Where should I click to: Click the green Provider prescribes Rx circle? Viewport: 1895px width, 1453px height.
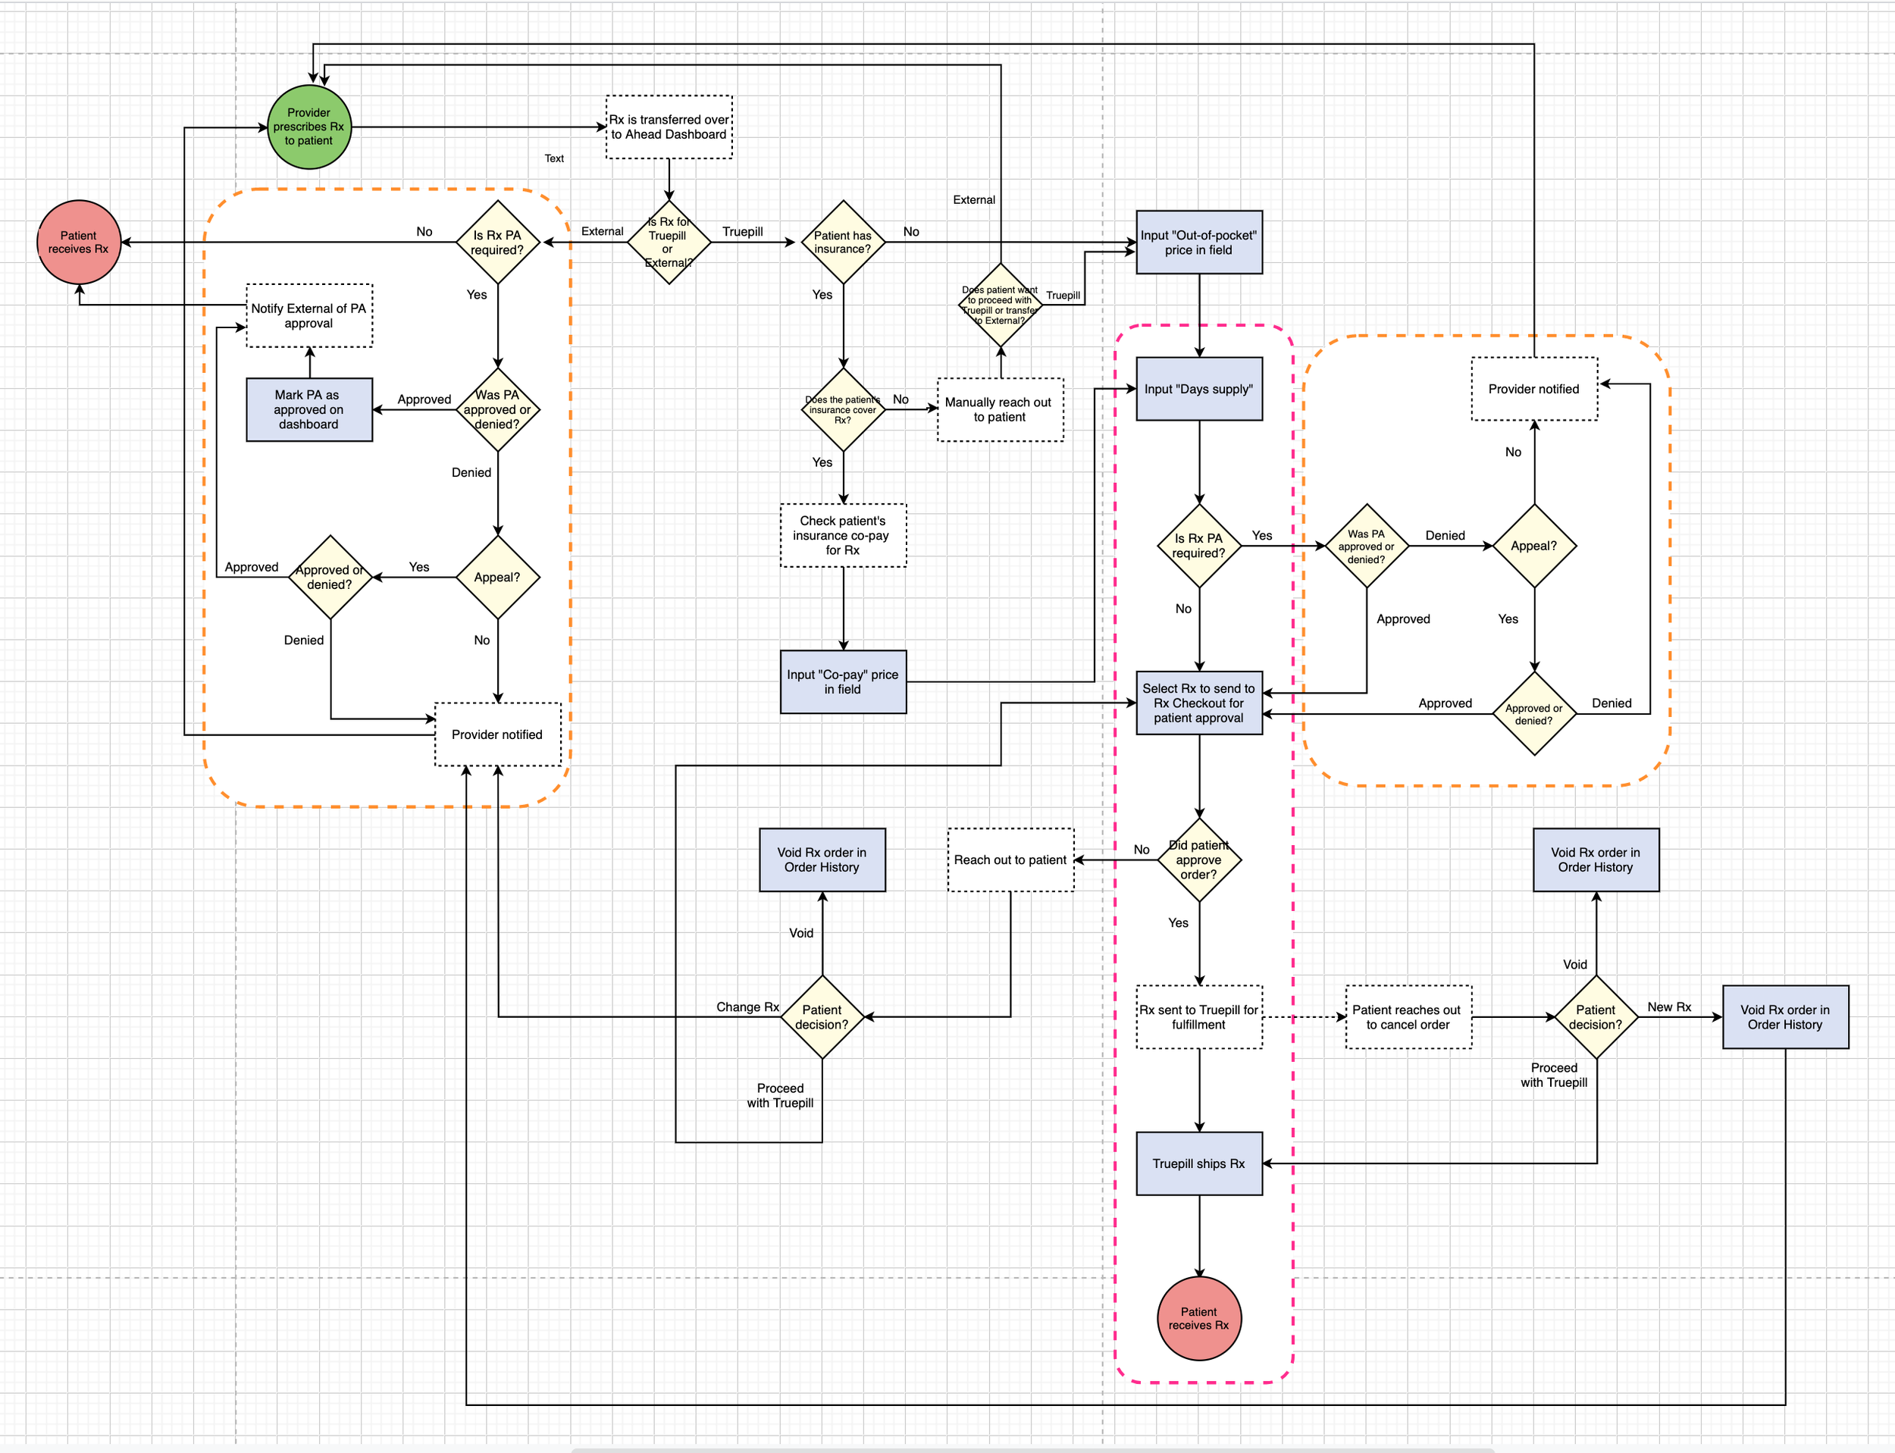309,127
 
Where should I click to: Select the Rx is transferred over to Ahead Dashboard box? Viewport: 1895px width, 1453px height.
669,127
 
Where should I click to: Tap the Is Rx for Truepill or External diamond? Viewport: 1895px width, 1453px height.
669,243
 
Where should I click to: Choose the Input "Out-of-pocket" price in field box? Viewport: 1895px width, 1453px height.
1198,243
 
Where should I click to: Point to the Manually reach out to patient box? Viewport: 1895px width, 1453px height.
1000,410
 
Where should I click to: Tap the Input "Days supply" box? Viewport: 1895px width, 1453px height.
1198,389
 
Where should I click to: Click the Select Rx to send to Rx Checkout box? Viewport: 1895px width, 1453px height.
1198,703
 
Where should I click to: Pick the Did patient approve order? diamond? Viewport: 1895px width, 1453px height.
1198,860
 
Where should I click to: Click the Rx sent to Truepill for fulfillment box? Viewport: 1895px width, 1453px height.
1198,1017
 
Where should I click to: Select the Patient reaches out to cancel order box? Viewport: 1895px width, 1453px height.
1408,1017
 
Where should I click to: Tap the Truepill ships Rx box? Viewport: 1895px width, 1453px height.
1198,1163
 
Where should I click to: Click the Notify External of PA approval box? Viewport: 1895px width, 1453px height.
309,315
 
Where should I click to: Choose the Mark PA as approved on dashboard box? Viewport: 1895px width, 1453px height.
309,410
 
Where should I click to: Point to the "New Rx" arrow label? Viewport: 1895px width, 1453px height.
1669,1007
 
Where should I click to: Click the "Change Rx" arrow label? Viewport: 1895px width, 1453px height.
747,1007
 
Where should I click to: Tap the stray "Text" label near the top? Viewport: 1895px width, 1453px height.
554,158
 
